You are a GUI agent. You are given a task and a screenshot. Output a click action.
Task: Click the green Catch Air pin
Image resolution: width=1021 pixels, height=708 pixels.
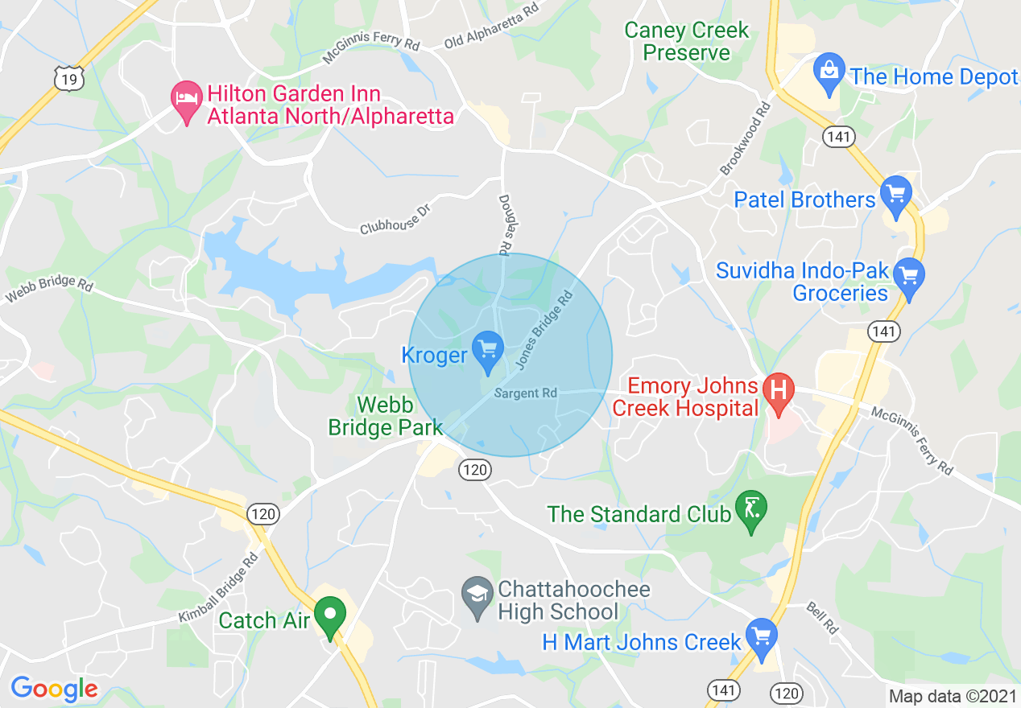(x=329, y=615)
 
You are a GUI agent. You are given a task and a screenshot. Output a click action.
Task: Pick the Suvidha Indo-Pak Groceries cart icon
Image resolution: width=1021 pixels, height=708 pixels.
(x=909, y=275)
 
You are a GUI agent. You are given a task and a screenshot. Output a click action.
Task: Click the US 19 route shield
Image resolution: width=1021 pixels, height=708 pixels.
(x=68, y=78)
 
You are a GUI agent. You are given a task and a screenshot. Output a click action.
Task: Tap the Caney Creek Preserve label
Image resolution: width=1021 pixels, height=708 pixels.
(x=687, y=42)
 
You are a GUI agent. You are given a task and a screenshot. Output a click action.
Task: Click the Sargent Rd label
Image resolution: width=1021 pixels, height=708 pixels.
(x=525, y=393)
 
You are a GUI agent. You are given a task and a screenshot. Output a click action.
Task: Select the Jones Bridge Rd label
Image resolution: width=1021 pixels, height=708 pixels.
(x=544, y=331)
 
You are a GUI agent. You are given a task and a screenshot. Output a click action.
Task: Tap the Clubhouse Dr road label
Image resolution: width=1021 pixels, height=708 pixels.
(x=396, y=217)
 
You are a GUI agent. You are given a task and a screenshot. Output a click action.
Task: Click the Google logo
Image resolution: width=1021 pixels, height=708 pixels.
(x=54, y=689)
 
